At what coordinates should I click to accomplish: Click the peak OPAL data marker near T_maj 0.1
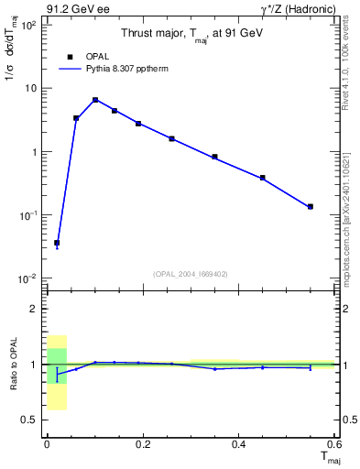point(95,100)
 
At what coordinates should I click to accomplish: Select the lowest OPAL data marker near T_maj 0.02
point(57,243)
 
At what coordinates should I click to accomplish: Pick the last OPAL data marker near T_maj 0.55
point(311,207)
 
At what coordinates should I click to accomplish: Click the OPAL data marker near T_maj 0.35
point(214,157)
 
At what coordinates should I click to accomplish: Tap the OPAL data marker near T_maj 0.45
point(263,178)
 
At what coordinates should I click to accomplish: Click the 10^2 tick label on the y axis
point(27,26)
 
